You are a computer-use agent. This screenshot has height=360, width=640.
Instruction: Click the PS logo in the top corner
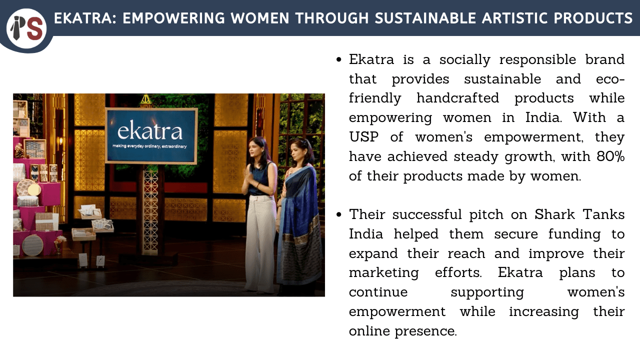(x=26, y=28)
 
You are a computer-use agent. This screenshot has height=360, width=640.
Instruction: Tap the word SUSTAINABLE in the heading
(x=425, y=18)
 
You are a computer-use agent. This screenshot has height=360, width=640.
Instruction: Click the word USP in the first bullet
(x=363, y=137)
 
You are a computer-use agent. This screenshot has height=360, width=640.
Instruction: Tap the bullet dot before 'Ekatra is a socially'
(x=339, y=59)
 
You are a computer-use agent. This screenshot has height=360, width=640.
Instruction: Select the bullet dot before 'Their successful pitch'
(x=339, y=214)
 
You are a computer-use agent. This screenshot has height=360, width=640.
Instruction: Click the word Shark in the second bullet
(x=554, y=214)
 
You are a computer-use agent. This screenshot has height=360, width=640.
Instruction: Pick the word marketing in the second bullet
(x=383, y=273)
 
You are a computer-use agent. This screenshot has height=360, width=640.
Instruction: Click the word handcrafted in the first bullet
(x=457, y=98)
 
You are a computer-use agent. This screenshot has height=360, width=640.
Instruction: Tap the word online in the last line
(x=369, y=331)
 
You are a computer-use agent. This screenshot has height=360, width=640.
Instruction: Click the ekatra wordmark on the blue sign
(x=150, y=130)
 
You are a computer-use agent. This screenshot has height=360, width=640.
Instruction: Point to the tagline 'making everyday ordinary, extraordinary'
(x=149, y=146)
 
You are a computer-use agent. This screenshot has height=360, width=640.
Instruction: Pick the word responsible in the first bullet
(x=537, y=59)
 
